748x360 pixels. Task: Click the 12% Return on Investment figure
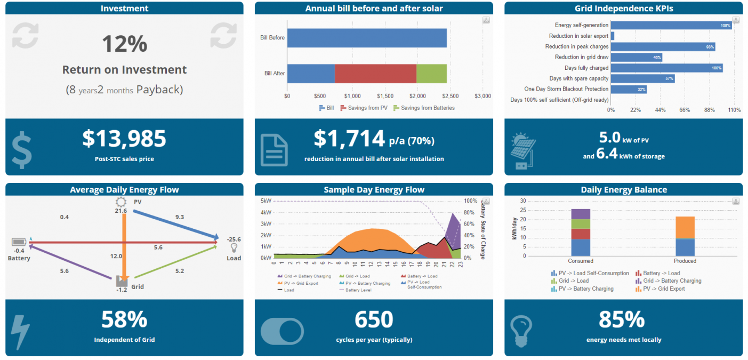pyautogui.click(x=124, y=44)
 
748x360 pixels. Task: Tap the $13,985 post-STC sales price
pyautogui.click(x=124, y=139)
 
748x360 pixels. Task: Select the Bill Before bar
pyautogui.click(x=367, y=38)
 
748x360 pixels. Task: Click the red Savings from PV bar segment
pyautogui.click(x=375, y=74)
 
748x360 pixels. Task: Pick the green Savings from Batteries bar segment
pyautogui.click(x=431, y=74)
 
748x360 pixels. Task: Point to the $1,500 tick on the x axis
pyautogui.click(x=385, y=96)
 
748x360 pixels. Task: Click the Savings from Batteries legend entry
pyautogui.click(x=424, y=108)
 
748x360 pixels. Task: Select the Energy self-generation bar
pyautogui.click(x=671, y=25)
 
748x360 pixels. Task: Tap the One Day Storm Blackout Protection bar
pyautogui.click(x=628, y=89)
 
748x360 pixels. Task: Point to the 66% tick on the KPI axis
pyautogui.click(x=685, y=110)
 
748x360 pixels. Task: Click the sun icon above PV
pyautogui.click(x=121, y=202)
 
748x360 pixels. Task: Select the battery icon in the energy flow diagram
pyautogui.click(x=19, y=242)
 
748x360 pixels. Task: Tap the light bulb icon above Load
pyautogui.click(x=234, y=249)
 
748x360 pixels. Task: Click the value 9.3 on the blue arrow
pyautogui.click(x=180, y=217)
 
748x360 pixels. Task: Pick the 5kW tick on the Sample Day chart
pyautogui.click(x=266, y=201)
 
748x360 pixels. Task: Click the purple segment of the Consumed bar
pyautogui.click(x=581, y=214)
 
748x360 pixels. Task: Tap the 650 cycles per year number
pyautogui.click(x=374, y=320)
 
